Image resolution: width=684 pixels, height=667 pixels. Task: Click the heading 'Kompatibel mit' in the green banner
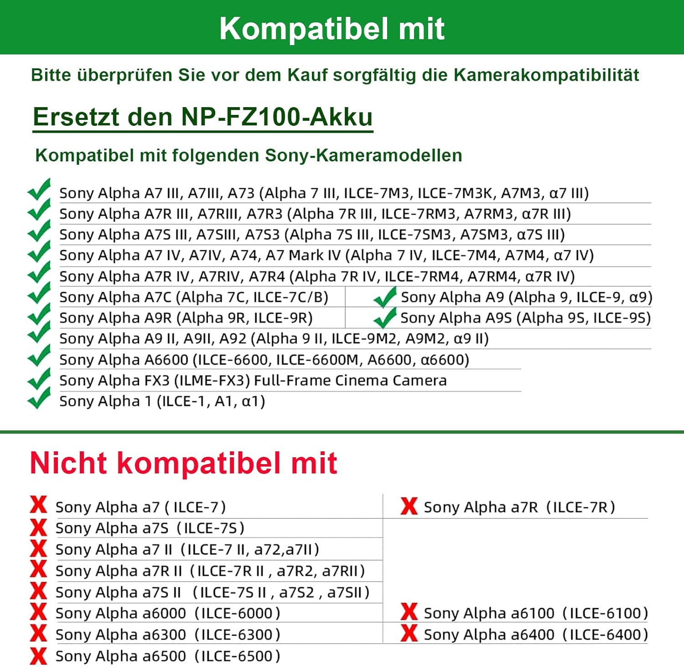click(332, 29)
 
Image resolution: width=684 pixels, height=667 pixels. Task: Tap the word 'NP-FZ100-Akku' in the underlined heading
click(277, 117)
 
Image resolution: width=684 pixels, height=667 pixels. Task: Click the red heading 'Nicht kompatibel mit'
click(183, 463)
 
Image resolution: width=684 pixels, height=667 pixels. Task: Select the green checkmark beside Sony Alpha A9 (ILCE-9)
click(385, 297)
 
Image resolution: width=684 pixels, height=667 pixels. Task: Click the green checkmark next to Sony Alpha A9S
click(385, 318)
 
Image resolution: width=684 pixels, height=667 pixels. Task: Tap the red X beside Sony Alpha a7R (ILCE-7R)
click(409, 506)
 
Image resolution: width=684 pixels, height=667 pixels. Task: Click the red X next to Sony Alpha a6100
click(409, 612)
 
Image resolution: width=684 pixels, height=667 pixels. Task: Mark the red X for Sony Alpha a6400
click(409, 633)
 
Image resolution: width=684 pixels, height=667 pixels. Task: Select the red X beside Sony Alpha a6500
click(38, 656)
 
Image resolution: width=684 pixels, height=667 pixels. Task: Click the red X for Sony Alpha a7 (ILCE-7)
click(38, 505)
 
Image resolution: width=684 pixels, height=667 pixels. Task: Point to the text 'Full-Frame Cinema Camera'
click(350, 380)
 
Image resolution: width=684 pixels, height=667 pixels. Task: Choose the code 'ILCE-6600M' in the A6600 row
click(317, 360)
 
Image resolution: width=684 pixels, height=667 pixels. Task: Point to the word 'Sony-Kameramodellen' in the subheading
click(363, 155)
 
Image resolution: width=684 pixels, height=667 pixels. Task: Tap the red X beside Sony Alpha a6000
click(38, 612)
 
